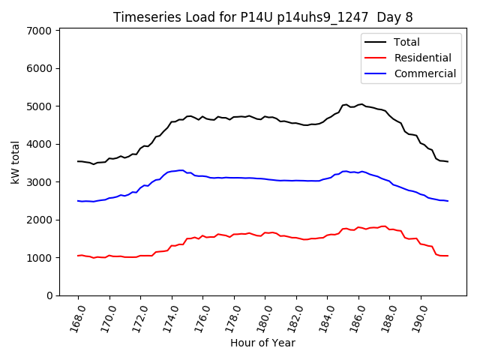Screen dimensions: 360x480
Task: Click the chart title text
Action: pos(262,16)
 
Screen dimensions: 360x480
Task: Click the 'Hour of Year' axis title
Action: pos(262,343)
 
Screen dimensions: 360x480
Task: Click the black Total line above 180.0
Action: pos(265,117)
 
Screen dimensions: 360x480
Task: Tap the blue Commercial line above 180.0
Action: pos(265,179)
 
